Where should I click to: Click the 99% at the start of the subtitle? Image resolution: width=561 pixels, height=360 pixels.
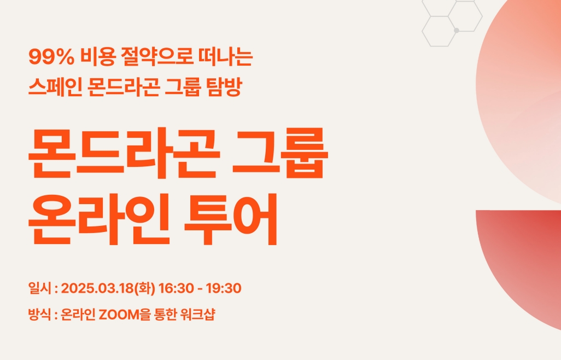click(51, 57)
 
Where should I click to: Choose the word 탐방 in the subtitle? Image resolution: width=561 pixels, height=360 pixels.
click(224, 87)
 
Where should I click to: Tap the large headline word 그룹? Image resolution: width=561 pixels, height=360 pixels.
click(280, 153)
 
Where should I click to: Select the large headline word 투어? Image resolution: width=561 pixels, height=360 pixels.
click(231, 219)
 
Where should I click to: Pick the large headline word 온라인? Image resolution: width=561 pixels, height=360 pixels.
click(99, 219)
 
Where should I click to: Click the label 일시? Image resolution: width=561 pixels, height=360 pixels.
click(40, 288)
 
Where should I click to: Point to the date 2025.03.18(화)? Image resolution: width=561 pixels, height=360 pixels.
click(108, 288)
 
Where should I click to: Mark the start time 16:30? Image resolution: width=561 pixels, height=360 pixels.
click(176, 288)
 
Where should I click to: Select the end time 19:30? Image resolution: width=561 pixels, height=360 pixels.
click(224, 288)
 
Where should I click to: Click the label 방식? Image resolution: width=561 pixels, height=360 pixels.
click(40, 315)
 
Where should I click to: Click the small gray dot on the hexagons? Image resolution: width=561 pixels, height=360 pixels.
click(457, 31)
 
